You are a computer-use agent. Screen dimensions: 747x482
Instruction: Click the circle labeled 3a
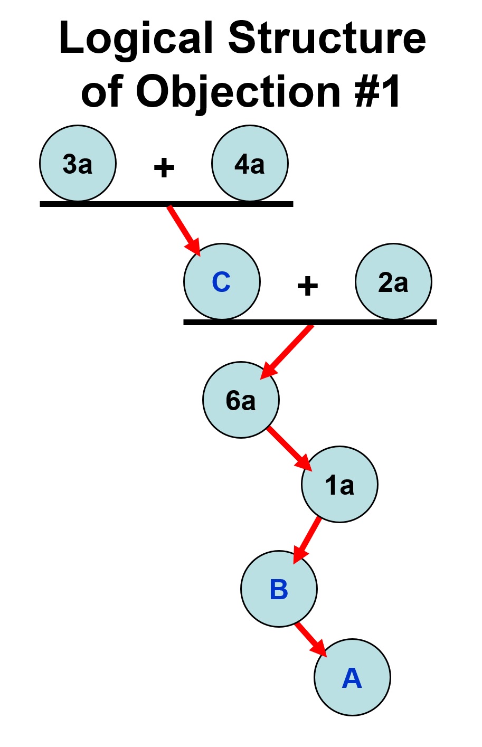pos(78,164)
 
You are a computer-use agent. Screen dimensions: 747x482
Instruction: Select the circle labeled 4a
pos(250,164)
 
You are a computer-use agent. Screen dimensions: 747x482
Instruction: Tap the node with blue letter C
pos(222,282)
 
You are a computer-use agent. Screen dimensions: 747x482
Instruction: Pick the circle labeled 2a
pos(393,282)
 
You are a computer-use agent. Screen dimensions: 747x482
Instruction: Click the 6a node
pos(241,400)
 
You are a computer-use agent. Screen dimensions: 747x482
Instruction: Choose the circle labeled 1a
pos(339,484)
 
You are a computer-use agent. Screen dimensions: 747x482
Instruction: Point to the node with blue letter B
pos(279,589)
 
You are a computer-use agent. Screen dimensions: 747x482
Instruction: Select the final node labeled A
pos(352,677)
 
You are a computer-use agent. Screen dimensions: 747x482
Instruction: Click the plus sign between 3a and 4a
pos(164,168)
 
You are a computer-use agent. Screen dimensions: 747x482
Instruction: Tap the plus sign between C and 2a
pos(307,287)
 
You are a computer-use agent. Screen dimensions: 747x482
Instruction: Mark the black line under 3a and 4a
pos(166,204)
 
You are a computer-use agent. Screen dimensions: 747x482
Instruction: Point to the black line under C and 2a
pos(310,322)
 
